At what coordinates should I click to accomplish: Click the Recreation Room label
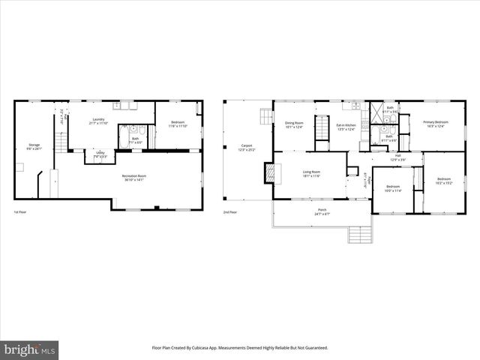tap(134, 177)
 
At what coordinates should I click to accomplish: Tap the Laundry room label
tap(98, 121)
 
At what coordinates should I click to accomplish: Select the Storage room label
tap(34, 146)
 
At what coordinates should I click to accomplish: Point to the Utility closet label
tap(100, 154)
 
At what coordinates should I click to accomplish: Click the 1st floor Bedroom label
tap(177, 124)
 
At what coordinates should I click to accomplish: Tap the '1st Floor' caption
tap(20, 212)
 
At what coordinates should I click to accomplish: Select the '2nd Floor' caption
tap(229, 212)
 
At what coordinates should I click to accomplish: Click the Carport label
tap(245, 147)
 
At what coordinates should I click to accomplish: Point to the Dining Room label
tap(294, 124)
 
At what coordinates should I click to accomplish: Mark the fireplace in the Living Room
tap(268, 175)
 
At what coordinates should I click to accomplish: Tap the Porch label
tap(322, 211)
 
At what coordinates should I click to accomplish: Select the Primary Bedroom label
tap(435, 124)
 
